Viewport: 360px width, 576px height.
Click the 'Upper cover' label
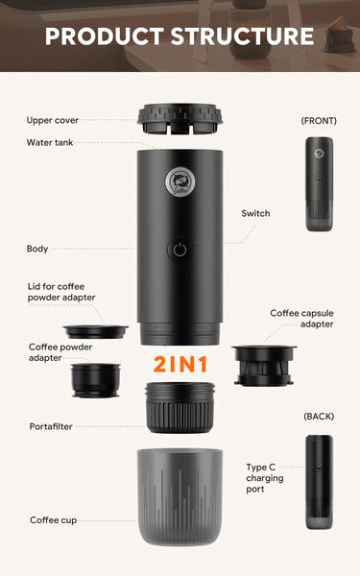tap(53, 120)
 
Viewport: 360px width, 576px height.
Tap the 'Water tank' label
tap(50, 142)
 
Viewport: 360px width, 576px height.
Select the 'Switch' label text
tap(255, 213)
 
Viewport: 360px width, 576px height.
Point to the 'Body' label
tap(37, 249)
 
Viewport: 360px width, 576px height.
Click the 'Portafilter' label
tap(51, 426)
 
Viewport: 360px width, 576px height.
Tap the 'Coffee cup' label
tap(53, 520)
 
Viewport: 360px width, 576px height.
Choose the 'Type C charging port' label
tap(265, 478)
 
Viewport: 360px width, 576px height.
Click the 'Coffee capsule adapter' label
tap(302, 319)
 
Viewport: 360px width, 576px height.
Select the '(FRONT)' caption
tap(319, 121)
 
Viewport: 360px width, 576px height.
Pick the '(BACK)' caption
tap(319, 417)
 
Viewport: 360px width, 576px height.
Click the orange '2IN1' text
tap(180, 365)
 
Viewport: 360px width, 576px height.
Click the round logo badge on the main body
tap(180, 181)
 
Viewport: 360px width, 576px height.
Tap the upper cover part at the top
tap(180, 118)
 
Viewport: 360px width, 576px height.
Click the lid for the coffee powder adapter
tap(95, 332)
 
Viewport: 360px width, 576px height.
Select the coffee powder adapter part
tap(95, 380)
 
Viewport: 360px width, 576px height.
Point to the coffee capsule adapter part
tap(264, 365)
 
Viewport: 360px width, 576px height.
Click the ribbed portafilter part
tap(180, 407)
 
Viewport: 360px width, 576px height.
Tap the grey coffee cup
tap(180, 497)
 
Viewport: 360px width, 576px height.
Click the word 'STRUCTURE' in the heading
tap(242, 36)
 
